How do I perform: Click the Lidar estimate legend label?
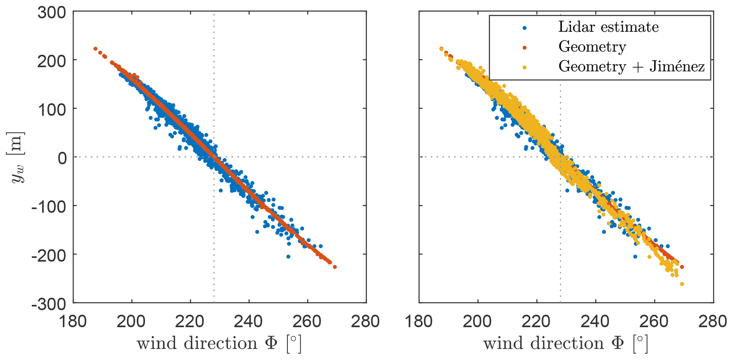point(608,27)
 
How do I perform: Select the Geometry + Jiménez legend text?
point(631,66)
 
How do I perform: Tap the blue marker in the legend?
point(524,27)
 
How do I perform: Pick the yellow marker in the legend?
point(524,67)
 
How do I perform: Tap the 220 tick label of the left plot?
point(190,322)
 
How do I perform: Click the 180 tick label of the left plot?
point(73,322)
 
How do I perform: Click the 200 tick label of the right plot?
point(478,322)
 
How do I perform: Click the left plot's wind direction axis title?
point(219,343)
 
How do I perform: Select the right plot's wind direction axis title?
point(566,343)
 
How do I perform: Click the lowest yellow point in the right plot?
point(682,284)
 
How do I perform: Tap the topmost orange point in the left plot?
point(95,49)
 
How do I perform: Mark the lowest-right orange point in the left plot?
point(335,267)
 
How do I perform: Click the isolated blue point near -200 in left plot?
point(288,256)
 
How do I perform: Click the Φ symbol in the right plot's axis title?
point(618,343)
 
